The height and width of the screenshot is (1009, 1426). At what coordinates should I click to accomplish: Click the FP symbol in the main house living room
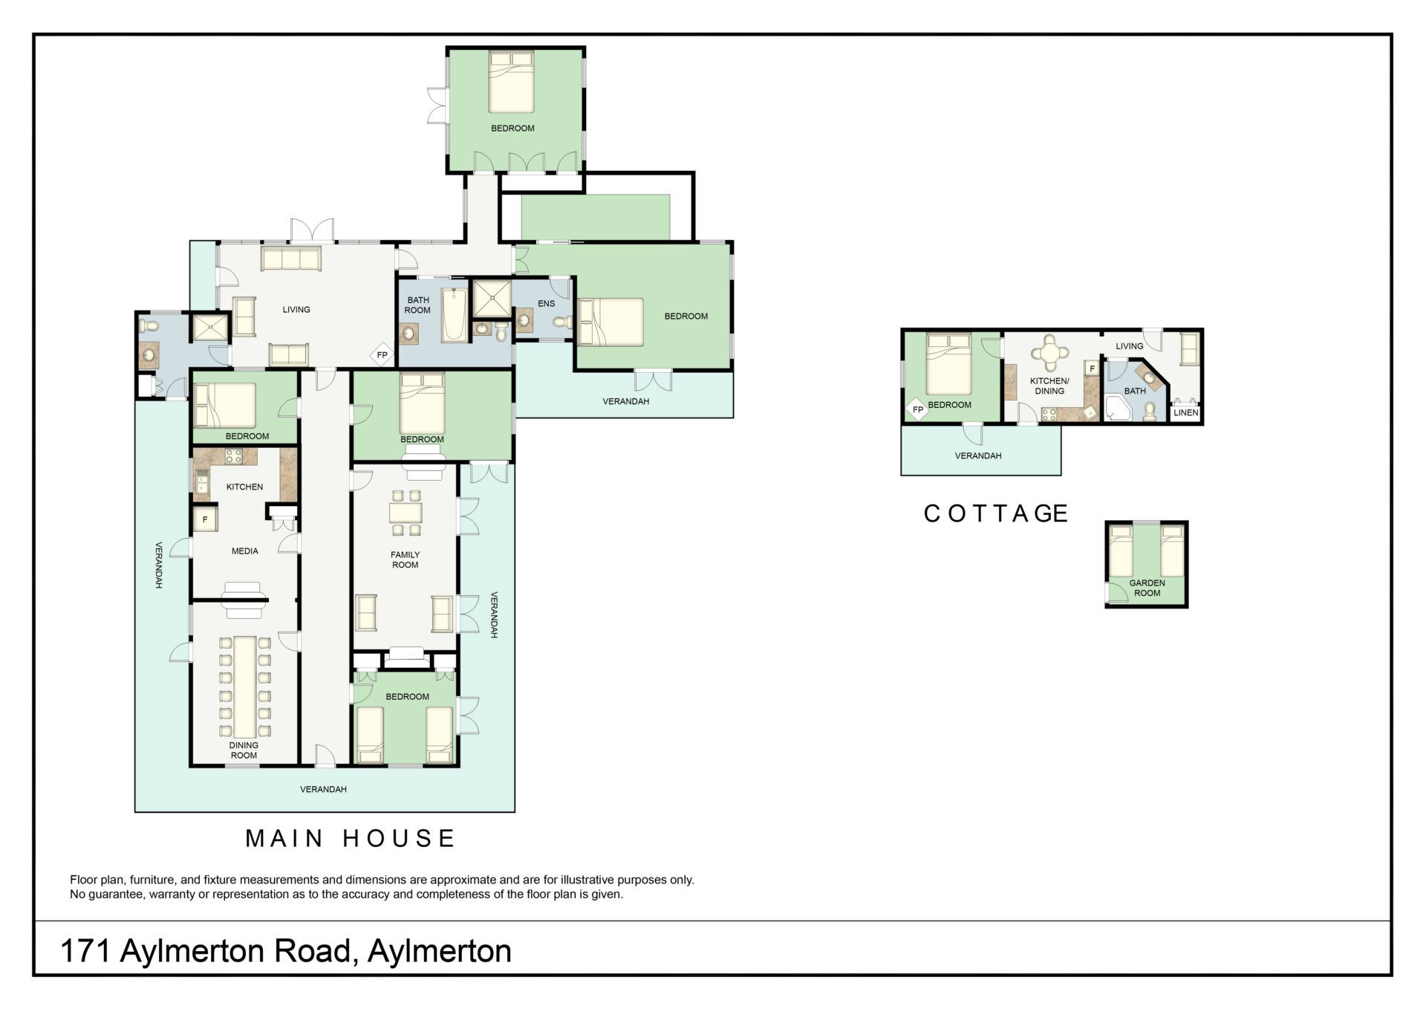click(x=382, y=355)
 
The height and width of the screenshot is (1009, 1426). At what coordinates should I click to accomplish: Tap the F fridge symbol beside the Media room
click(x=205, y=519)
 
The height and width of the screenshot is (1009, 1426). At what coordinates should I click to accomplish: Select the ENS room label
click(x=546, y=303)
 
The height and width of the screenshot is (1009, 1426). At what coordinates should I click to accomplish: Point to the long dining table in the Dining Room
click(x=244, y=686)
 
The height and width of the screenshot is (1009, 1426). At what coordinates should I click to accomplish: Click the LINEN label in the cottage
click(x=1185, y=412)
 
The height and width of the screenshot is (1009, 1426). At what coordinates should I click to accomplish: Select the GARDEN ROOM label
click(x=1147, y=588)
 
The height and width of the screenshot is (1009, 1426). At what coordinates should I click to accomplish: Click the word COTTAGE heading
click(x=995, y=513)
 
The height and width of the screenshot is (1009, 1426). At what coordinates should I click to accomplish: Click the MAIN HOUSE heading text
click(x=350, y=838)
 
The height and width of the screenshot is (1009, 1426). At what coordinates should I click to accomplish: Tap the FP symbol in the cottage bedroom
click(x=918, y=409)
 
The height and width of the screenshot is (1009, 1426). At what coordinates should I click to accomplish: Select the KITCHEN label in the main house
click(x=244, y=487)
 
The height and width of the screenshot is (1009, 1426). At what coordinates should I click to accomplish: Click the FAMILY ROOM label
click(x=405, y=559)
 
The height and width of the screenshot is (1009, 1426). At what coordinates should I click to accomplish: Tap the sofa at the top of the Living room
click(x=290, y=259)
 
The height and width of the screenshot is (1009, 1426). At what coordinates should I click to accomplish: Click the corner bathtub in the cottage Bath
click(x=1118, y=407)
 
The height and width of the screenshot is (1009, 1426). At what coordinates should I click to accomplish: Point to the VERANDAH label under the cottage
click(x=978, y=455)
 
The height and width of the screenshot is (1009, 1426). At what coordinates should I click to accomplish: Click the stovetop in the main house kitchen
click(x=234, y=456)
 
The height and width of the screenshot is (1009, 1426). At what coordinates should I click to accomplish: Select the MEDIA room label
click(x=244, y=551)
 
